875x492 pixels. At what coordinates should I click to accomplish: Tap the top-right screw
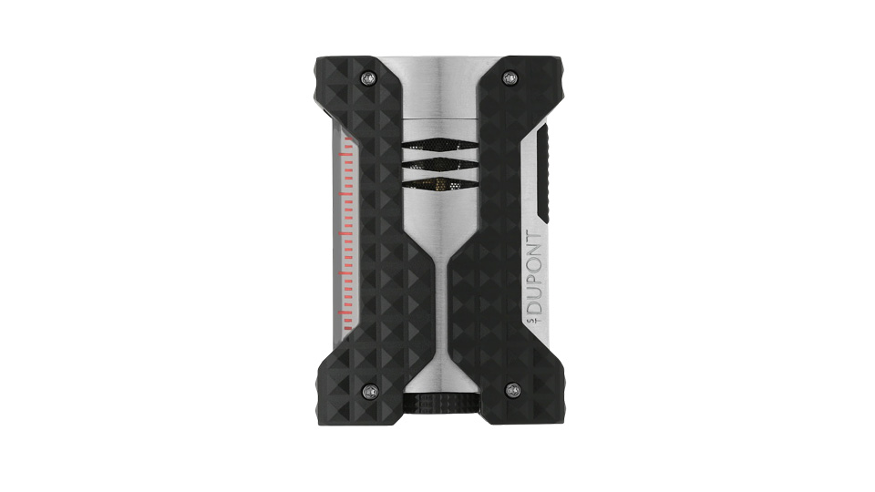tap(509, 77)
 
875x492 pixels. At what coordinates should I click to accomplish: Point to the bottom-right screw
tap(512, 389)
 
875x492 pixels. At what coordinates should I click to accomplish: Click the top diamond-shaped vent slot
tap(438, 145)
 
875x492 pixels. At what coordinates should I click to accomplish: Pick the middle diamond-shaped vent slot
tap(438, 164)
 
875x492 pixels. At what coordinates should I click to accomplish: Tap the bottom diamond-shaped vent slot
tap(438, 183)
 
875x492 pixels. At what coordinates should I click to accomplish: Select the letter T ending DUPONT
tap(534, 238)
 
